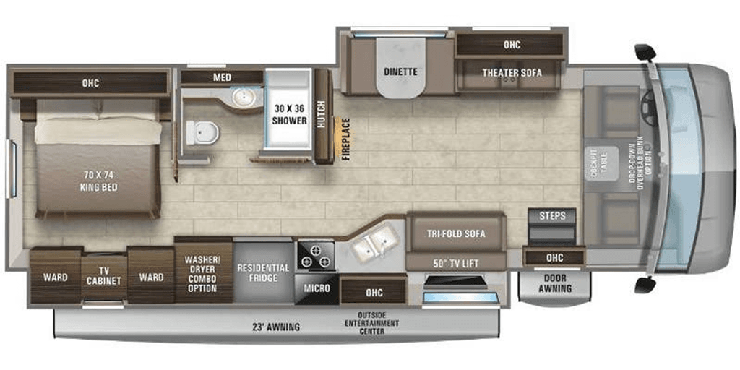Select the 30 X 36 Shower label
pyautogui.click(x=289, y=115)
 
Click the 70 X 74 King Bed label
pyautogui.click(x=99, y=181)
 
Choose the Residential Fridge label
pyautogui.click(x=263, y=272)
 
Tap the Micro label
pyautogui.click(x=317, y=288)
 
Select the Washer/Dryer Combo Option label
pyautogui.click(x=202, y=273)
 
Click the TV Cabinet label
pyautogui.click(x=104, y=275)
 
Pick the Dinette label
pyautogui.click(x=400, y=72)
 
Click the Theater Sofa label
pyautogui.click(x=512, y=72)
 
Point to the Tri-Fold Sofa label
pyautogui.click(x=455, y=233)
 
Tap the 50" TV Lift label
pyautogui.click(x=455, y=262)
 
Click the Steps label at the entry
pyautogui.click(x=552, y=216)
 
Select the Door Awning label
pyautogui.click(x=555, y=283)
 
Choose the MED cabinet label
pyautogui.click(x=221, y=77)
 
